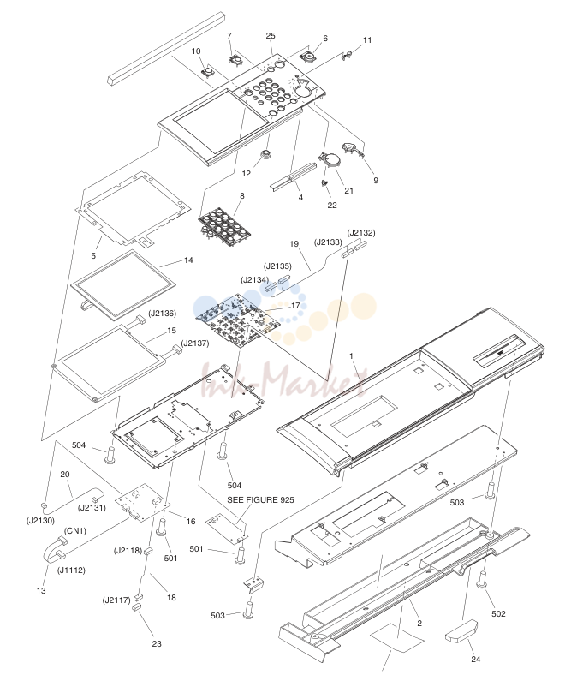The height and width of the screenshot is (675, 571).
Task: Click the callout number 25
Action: coord(271,36)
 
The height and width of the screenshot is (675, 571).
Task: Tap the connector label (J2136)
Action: coord(162,314)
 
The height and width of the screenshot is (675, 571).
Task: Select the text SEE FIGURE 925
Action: coord(261,499)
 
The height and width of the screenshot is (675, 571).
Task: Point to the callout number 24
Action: coord(475,659)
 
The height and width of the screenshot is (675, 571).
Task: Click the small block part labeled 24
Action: coord(461,631)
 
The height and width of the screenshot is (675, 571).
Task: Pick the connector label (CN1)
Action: coord(75,531)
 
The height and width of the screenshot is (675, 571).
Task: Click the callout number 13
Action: coord(41,591)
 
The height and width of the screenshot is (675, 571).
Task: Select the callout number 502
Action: coord(498,613)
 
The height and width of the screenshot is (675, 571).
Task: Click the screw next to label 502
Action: coord(482,578)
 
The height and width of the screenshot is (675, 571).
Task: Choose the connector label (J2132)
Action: coord(361,233)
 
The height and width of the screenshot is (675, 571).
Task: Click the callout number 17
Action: coord(295,305)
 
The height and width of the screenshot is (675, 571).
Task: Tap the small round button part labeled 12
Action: coord(266,153)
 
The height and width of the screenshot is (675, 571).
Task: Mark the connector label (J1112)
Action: coord(71,570)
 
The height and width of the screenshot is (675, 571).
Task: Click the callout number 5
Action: coord(93,256)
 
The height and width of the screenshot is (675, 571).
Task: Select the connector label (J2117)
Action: coord(116,600)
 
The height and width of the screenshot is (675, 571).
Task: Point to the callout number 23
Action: coord(157,643)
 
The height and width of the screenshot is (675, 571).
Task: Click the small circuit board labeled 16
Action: coord(143,503)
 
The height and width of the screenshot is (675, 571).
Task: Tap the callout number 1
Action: coord(351,356)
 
